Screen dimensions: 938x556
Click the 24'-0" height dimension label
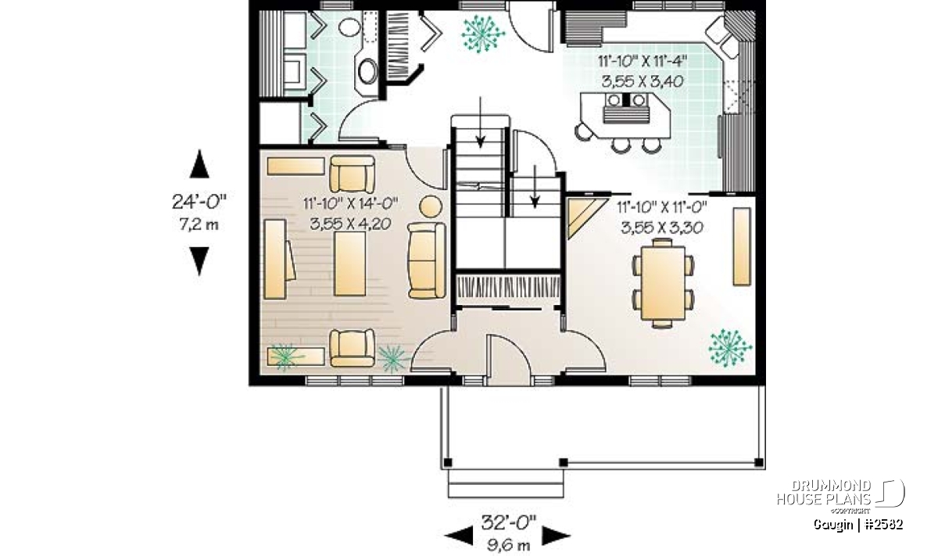click(199, 203)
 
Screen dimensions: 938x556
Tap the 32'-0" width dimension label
click(508, 522)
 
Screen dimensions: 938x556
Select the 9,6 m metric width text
click(508, 545)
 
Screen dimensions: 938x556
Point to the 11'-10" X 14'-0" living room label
click(350, 204)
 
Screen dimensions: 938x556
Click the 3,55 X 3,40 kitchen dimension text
click(643, 81)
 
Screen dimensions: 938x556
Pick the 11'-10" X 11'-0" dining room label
click(662, 206)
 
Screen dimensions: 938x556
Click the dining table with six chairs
click(663, 283)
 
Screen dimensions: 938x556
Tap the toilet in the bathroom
click(349, 27)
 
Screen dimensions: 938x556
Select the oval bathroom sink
click(368, 71)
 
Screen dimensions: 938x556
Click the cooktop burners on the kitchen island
click(626, 101)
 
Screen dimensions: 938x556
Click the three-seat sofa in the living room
click(427, 260)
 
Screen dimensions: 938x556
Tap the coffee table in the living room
click(349, 264)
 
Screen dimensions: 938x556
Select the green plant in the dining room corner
click(729, 348)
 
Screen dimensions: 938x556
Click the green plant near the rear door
click(482, 34)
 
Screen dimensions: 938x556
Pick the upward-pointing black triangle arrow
click(199, 164)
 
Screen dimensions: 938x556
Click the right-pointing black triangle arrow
click(556, 536)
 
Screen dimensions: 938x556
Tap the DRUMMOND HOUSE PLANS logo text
click(824, 493)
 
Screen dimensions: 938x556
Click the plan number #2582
click(883, 525)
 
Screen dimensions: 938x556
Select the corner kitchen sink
click(722, 37)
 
